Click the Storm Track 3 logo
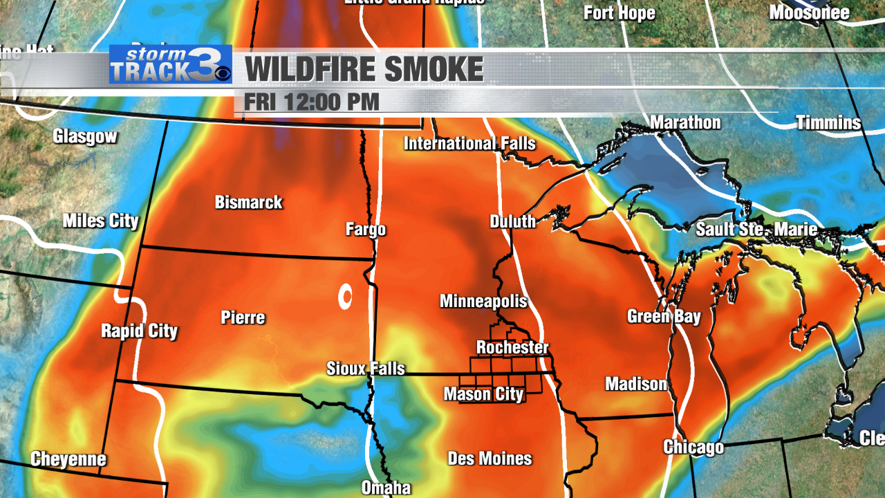click(170, 64)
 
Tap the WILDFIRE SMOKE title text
click(364, 69)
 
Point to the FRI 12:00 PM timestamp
click(312, 102)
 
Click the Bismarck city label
click(249, 203)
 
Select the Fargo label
click(366, 230)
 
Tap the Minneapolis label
click(483, 302)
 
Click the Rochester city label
click(512, 347)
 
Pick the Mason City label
click(483, 394)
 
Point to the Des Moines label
click(490, 459)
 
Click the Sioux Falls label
click(366, 369)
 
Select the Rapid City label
click(140, 331)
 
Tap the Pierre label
click(243, 317)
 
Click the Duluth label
click(513, 221)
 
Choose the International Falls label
click(469, 143)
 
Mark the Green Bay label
click(664, 317)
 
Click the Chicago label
click(693, 447)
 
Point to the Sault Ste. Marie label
click(756, 230)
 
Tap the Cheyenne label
click(68, 459)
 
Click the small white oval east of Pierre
click(344, 297)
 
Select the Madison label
click(636, 384)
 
